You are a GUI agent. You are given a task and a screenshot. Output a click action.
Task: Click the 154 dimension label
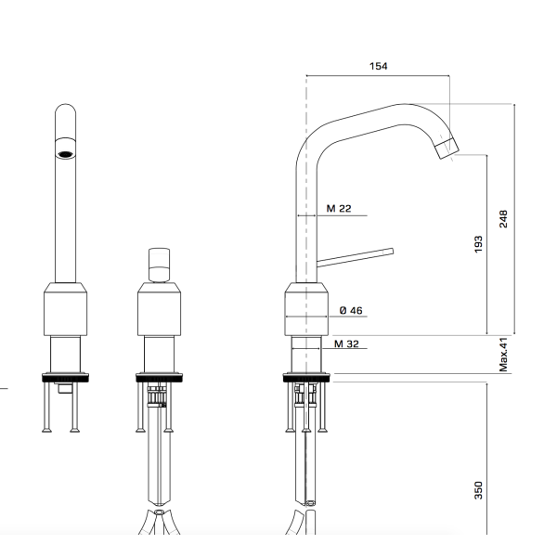pos(379,66)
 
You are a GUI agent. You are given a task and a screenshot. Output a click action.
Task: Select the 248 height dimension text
pos(503,219)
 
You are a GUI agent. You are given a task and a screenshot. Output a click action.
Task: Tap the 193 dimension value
pos(478,244)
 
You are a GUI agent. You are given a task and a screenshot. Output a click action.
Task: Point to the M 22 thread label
pos(339,209)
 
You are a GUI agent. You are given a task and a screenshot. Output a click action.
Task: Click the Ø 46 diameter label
pos(351,310)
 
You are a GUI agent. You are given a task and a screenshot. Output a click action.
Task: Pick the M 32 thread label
pos(346,343)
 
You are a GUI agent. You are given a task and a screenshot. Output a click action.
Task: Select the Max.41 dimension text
pos(503,355)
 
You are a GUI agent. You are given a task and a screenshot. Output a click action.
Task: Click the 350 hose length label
pos(478,490)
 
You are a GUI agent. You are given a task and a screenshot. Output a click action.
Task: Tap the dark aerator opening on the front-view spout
pos(66,154)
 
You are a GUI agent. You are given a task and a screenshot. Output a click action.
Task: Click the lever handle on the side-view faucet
pos(355,257)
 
